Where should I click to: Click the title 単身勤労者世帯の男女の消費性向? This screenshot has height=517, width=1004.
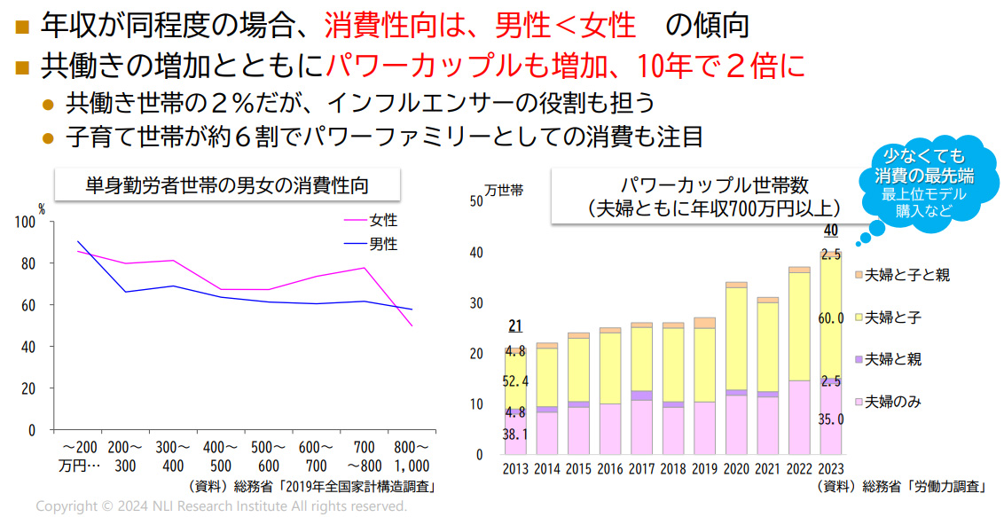point(227,186)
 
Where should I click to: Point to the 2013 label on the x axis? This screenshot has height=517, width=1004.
point(515,469)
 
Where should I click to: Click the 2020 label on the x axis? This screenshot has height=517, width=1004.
point(735,469)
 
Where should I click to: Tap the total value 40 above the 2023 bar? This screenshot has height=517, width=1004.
point(831,231)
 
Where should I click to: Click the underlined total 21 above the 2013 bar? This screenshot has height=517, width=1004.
point(515,326)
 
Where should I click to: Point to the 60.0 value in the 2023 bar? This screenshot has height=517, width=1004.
point(831,318)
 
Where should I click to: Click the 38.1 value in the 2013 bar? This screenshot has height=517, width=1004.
point(515,435)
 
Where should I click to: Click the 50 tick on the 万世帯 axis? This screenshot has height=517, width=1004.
point(475,200)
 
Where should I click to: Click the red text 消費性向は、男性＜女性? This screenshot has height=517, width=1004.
point(480,25)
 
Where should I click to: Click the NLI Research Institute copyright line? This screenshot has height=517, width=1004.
point(222,506)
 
